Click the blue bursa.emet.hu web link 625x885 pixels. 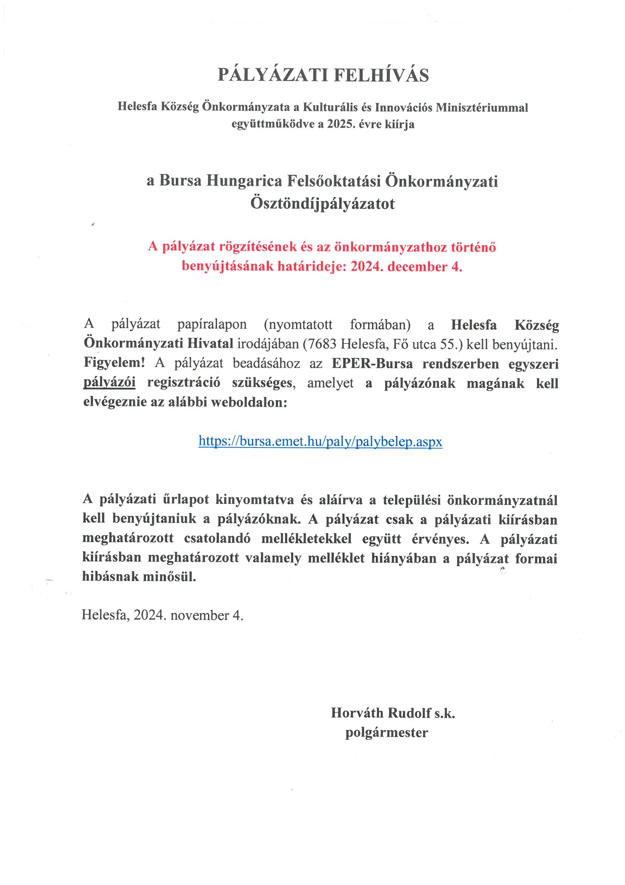pyautogui.click(x=320, y=441)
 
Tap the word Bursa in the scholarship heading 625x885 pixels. pyautogui.click(x=180, y=181)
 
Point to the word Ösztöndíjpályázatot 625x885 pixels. pyautogui.click(x=322, y=204)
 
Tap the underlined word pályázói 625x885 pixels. pyautogui.click(x=109, y=382)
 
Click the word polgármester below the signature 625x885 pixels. pyautogui.click(x=386, y=732)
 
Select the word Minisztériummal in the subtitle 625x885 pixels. pyautogui.click(x=482, y=108)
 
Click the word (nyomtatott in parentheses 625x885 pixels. pyautogui.click(x=298, y=324)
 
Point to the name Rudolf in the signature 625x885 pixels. pyautogui.click(x=409, y=713)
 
